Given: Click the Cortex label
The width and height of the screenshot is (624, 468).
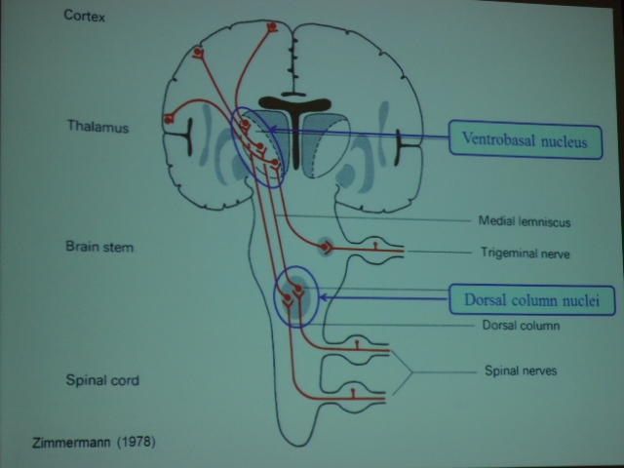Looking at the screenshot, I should pyautogui.click(x=86, y=17).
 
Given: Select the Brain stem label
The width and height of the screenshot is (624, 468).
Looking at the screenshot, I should pyautogui.click(x=98, y=247).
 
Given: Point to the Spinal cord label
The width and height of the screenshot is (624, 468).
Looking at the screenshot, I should pyautogui.click(x=101, y=380).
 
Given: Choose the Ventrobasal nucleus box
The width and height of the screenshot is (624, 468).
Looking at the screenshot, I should pyautogui.click(x=525, y=140).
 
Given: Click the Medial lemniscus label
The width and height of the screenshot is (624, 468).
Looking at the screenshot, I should pyautogui.click(x=525, y=221).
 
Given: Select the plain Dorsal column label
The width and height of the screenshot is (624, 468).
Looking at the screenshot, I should pyautogui.click(x=521, y=326).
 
